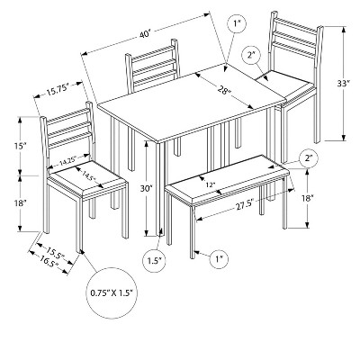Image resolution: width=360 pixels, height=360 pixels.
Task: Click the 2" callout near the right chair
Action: pos(253,57)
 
